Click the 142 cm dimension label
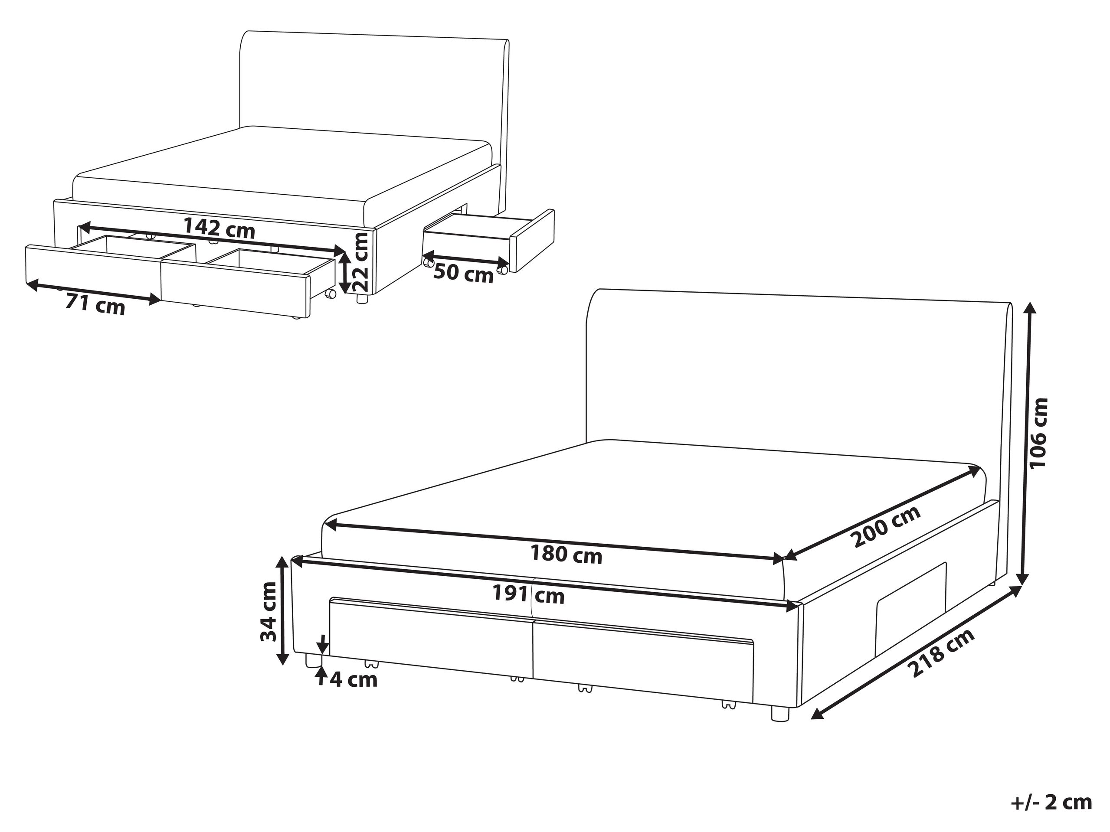[219, 228]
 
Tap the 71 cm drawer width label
[95, 304]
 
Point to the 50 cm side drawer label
[463, 274]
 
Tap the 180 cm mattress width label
[566, 555]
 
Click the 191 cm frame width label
[528, 595]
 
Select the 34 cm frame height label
[268, 612]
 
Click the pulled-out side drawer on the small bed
[489, 241]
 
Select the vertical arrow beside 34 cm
[283, 611]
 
